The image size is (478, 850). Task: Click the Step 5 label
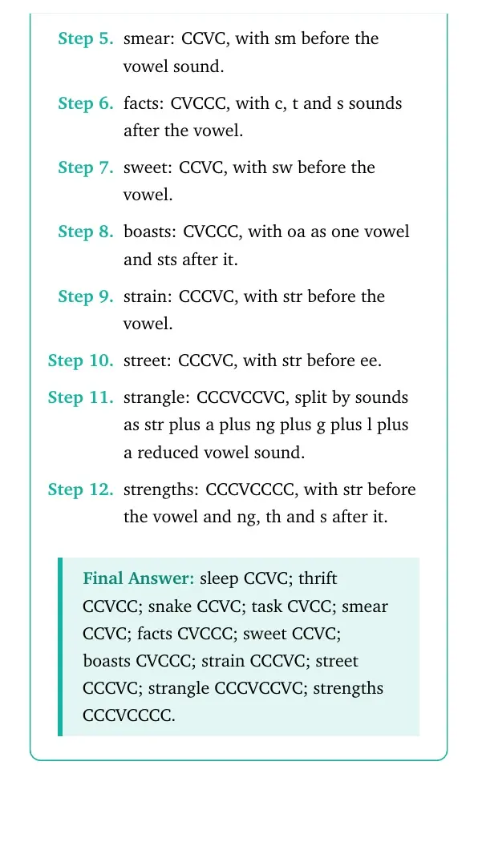86,39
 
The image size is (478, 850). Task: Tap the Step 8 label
86,232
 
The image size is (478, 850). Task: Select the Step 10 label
81,361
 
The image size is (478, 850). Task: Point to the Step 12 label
81,489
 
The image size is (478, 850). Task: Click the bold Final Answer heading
139,578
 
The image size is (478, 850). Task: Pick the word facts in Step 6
142,103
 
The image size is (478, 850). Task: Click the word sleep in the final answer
219,579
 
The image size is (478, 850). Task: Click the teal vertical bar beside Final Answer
60,647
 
